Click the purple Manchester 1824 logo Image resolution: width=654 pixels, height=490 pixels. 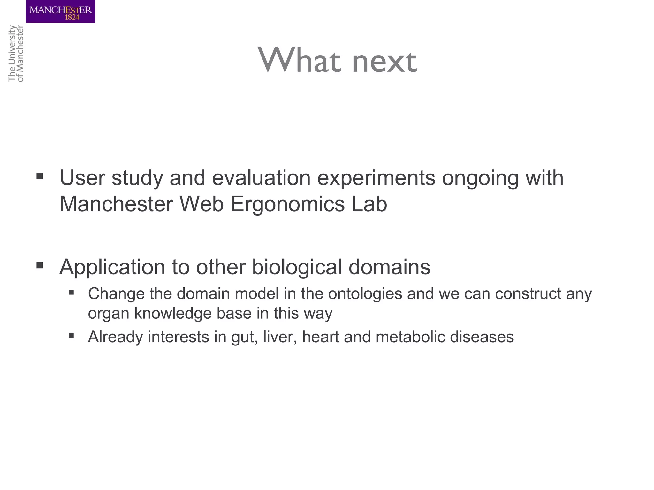[60, 11]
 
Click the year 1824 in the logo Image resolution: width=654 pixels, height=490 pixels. [72, 18]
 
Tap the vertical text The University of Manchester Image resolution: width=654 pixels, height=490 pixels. [16, 54]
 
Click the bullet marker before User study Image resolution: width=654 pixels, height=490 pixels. [40, 176]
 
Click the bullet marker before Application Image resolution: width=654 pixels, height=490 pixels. [40, 265]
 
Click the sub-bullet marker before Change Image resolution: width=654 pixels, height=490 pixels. [72, 292]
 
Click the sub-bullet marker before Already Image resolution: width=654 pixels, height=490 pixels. [72, 335]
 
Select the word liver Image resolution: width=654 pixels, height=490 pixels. [280, 337]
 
